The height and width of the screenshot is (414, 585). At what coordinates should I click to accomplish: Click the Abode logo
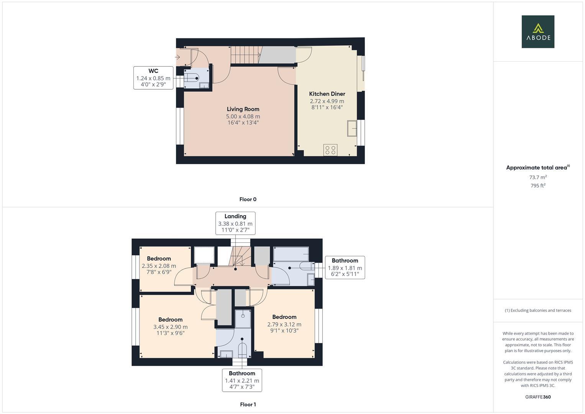[538, 31]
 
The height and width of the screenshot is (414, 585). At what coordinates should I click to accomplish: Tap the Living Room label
[243, 109]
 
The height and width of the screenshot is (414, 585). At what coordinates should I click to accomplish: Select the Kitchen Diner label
[327, 94]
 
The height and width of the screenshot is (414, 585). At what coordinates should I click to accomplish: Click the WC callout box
[153, 78]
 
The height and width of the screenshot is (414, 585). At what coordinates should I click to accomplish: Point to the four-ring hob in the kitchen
[330, 150]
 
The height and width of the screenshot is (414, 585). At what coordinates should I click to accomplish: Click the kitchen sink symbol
[352, 128]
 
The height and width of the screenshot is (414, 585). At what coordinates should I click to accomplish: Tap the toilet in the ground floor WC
[192, 78]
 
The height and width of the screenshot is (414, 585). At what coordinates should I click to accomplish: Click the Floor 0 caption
[248, 199]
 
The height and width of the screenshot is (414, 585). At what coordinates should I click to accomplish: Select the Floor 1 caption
[248, 404]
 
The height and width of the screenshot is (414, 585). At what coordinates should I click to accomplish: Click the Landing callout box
[235, 223]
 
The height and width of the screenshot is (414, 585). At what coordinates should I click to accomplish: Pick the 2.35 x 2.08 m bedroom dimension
[159, 266]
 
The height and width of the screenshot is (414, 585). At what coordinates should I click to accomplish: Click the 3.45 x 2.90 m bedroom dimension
[170, 327]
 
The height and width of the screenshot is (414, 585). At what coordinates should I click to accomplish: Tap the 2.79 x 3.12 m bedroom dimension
[284, 324]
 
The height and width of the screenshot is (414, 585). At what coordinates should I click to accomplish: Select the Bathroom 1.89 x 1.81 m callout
[345, 268]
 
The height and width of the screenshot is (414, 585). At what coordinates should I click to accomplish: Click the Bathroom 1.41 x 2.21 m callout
[242, 380]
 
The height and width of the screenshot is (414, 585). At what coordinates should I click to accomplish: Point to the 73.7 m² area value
[538, 177]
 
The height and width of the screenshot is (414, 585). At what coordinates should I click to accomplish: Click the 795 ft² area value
[538, 186]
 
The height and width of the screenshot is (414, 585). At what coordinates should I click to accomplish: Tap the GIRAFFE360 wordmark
[538, 397]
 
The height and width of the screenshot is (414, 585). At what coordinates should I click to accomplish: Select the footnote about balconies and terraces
[538, 310]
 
